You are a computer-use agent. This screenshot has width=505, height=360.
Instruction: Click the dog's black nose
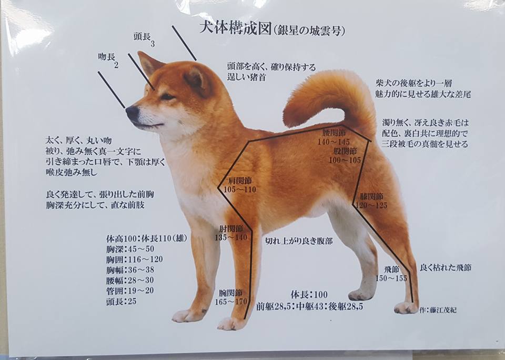[133, 113]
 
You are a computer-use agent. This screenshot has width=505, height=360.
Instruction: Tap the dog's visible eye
[167, 96]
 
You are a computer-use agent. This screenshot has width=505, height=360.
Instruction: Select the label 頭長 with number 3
[144, 38]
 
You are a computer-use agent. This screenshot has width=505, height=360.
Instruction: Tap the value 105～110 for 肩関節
[240, 189]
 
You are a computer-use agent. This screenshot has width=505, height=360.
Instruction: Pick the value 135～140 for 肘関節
[231, 237]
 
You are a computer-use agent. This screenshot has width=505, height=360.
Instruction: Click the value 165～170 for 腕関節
[231, 302]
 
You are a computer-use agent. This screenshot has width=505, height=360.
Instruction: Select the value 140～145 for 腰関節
[334, 142]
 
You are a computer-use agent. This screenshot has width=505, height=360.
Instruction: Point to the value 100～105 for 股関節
[345, 160]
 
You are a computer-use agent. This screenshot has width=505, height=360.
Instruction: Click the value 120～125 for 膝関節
[371, 205]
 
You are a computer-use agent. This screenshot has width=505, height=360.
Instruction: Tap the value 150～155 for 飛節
[391, 278]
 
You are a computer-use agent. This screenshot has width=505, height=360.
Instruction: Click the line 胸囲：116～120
[134, 259]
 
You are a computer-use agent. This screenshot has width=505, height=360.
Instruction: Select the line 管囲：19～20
[130, 291]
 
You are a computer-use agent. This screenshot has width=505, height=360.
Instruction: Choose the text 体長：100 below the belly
[309, 295]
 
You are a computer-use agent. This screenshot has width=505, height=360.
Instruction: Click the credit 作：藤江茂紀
[438, 310]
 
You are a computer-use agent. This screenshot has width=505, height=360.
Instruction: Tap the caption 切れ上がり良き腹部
[299, 241]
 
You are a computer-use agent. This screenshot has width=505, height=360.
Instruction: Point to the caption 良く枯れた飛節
[446, 267]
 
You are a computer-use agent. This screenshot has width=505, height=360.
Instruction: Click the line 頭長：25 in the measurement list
[121, 302]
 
